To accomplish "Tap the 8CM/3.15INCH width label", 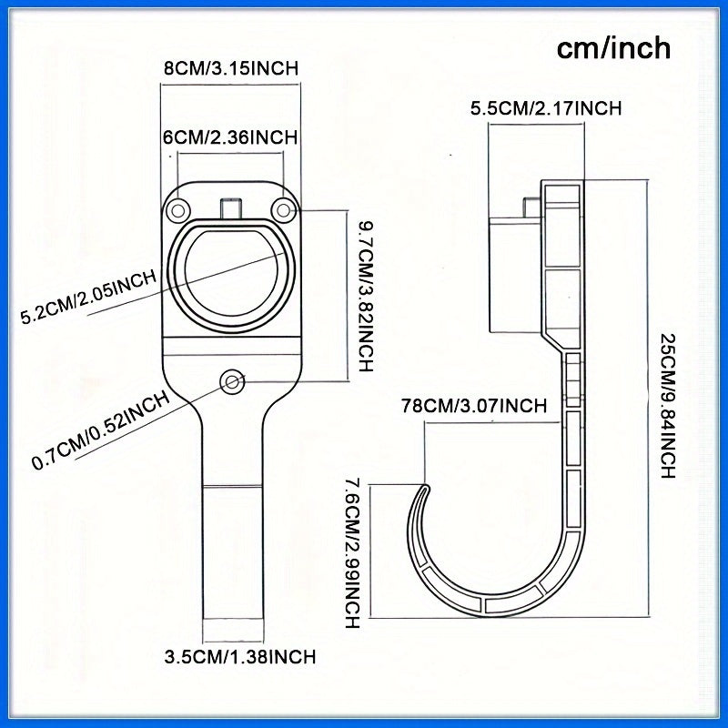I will [x=230, y=68].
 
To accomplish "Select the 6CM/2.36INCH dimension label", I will [x=230, y=137].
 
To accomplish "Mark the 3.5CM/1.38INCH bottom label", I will [x=239, y=656].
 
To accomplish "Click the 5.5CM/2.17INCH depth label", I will [x=545, y=108].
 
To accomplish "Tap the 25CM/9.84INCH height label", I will [x=668, y=406].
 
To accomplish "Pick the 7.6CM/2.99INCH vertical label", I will [x=351, y=554].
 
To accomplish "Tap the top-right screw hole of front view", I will [x=285, y=210].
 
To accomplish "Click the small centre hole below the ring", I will [x=232, y=381].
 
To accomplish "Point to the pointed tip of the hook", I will [x=424, y=486].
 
